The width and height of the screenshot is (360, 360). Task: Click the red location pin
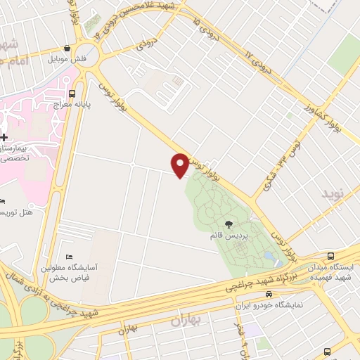click(180, 165)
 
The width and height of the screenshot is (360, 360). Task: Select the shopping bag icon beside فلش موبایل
click(67, 49)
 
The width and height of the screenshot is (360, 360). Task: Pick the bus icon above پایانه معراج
click(72, 94)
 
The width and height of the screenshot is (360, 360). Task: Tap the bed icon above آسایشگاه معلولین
click(68, 256)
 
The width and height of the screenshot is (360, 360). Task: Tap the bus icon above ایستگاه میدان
click(331, 257)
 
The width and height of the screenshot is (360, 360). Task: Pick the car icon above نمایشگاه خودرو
click(269, 295)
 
